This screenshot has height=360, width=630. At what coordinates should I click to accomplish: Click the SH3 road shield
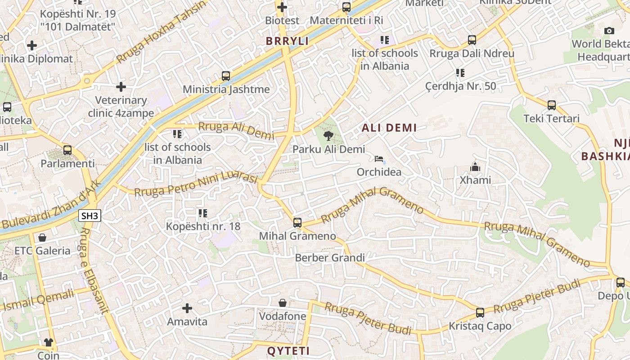[90, 216]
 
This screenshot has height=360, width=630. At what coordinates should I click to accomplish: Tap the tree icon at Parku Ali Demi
[328, 135]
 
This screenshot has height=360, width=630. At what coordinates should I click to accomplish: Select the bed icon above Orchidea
[379, 159]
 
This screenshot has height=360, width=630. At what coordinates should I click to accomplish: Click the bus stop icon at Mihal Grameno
[297, 222]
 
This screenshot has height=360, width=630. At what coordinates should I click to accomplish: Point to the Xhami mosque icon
[475, 167]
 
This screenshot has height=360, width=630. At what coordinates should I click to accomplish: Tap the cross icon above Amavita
[187, 308]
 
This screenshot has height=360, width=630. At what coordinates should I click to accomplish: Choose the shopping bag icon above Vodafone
[283, 303]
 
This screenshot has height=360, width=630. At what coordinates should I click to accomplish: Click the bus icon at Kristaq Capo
[480, 313]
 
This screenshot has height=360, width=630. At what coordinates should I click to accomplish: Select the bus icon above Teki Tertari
[552, 105]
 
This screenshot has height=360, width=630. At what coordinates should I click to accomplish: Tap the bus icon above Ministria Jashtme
[226, 76]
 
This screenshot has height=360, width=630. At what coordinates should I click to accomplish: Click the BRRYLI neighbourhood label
[287, 41]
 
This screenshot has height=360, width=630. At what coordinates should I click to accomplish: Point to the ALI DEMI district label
[389, 128]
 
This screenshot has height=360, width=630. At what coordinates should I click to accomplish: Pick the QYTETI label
[288, 351]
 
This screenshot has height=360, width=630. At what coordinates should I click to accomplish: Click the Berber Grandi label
[330, 258]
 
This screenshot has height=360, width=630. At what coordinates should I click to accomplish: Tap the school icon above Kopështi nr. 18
[202, 213]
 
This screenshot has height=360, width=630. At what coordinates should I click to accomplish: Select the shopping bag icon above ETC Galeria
[42, 237]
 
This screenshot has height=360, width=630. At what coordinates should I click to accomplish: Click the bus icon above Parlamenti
[67, 150]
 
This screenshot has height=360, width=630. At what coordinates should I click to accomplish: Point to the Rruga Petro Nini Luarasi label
[196, 184]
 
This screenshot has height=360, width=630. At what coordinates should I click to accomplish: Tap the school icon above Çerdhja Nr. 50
[460, 72]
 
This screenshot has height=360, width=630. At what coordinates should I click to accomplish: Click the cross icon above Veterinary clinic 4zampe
[121, 87]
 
